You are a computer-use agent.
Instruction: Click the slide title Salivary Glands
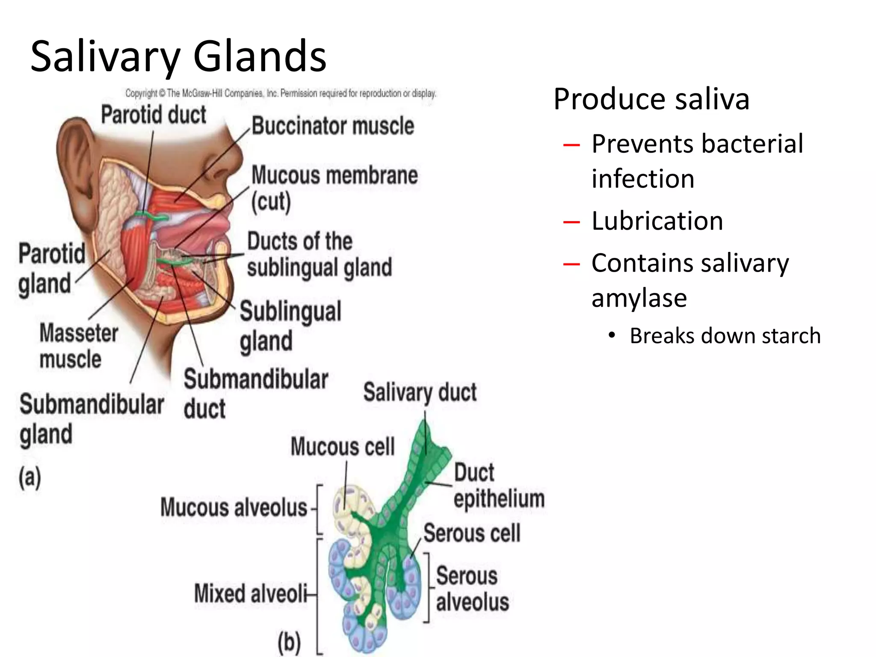point(178,56)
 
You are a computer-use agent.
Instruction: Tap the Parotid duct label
point(154,115)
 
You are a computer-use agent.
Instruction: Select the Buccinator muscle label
point(333,126)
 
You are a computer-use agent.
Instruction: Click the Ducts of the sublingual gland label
point(319,254)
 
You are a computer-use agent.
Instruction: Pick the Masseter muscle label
point(78,346)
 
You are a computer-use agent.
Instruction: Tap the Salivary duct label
point(420,392)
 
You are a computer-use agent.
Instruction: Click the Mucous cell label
point(343,447)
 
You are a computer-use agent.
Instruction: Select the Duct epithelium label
point(499,486)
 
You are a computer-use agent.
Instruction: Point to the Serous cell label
point(472,533)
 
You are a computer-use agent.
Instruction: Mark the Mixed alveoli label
point(251,594)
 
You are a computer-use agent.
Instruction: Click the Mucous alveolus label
point(234,508)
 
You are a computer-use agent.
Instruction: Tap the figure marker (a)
point(30,477)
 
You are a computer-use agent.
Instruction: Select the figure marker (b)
point(289,642)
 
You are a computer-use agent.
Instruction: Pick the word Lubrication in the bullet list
point(657,221)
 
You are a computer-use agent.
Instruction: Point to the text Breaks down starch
point(725,336)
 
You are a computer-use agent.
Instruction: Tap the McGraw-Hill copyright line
point(281,93)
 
